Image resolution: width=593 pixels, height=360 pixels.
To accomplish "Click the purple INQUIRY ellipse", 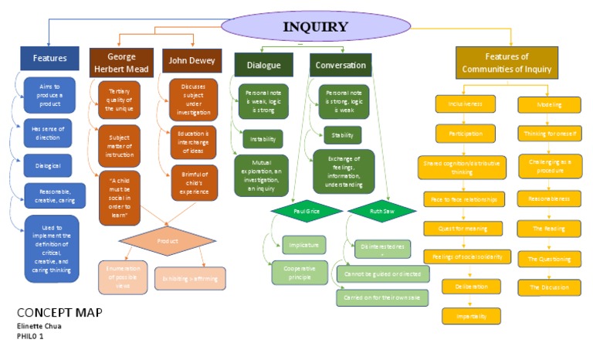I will pyautogui.click(x=316, y=27).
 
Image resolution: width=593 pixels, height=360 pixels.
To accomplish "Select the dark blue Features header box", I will pyautogui.click(x=49, y=59).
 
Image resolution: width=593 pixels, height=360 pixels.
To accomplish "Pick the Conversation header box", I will pyautogui.click(x=341, y=65).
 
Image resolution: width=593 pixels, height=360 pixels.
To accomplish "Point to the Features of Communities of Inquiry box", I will pyautogui.click(x=506, y=63).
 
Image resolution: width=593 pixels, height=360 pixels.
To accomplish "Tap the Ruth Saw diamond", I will pyautogui.click(x=376, y=211).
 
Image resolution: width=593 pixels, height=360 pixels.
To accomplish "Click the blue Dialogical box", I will pyautogui.click(x=49, y=165).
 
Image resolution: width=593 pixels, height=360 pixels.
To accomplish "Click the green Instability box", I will pyautogui.click(x=263, y=139).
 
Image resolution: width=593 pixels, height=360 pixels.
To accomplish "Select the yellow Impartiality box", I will pyautogui.click(x=471, y=315).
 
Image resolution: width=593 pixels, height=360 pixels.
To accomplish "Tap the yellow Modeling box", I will pyautogui.click(x=549, y=105).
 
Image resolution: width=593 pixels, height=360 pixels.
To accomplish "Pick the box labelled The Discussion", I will pyautogui.click(x=549, y=287).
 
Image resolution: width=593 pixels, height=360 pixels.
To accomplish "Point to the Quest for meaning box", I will pyautogui.click(x=460, y=228).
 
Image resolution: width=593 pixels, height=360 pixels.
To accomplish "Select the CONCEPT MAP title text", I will pyautogui.click(x=59, y=313).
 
